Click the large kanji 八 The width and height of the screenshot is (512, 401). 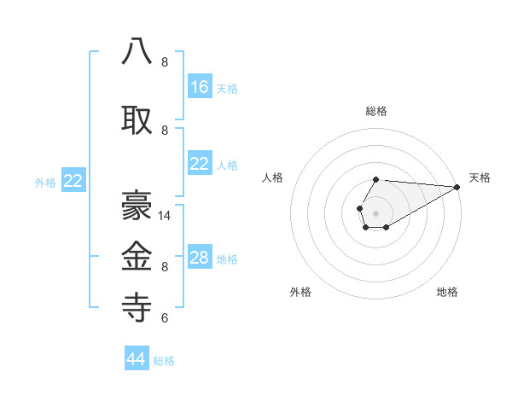pos(137,52)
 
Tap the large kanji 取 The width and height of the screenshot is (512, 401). pos(137,120)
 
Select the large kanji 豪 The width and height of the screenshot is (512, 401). pos(137,206)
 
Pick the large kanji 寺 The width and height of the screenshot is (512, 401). pos(137,308)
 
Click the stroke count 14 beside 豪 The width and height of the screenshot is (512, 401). pos(166,216)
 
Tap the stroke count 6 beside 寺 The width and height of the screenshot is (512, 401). pos(165,318)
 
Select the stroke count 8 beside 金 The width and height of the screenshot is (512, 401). pos(165,267)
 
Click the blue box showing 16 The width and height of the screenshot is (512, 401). pos(200,87)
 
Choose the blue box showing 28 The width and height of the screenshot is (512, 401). pos(200,259)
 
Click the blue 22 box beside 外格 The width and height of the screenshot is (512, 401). pos(73,181)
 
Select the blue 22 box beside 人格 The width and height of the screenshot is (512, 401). pos(200,165)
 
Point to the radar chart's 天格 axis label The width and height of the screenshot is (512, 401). pos(480,177)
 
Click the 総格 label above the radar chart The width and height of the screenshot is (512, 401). pos(376,111)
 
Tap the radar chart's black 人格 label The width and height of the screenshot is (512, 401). pos(273,177)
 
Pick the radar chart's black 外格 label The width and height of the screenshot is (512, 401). pos(300,292)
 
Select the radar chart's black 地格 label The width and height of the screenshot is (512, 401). pos(447,292)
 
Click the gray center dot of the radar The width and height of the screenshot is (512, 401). pos(375,212)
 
